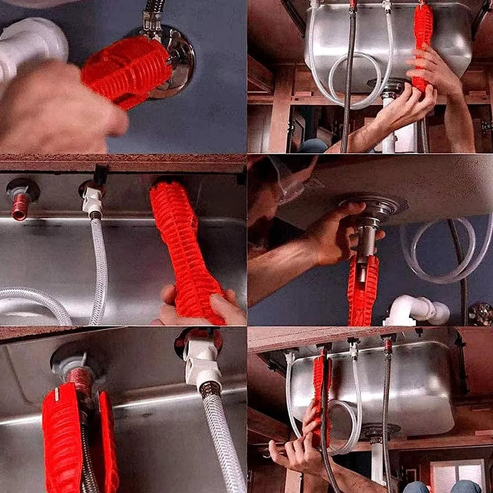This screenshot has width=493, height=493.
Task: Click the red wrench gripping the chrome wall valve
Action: click(125, 72)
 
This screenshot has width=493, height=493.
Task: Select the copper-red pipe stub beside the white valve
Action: click(20, 205)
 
